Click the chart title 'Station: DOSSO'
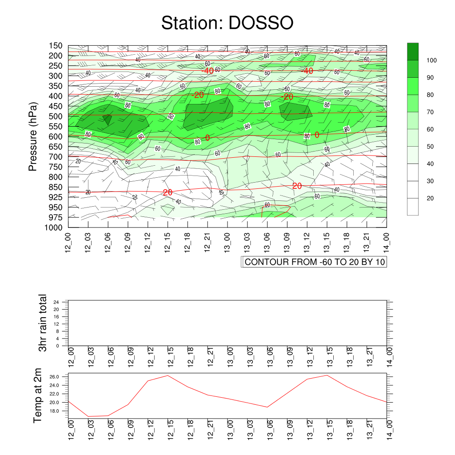(227, 23)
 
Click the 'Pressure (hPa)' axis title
(33, 136)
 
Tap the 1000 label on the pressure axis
(53, 227)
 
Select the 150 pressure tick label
(56, 46)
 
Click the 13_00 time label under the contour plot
(227, 242)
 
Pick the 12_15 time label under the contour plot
(168, 242)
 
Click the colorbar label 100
(431, 60)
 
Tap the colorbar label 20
(430, 198)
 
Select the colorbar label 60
(430, 129)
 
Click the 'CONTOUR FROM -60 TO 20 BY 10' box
(314, 262)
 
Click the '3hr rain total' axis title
(42, 323)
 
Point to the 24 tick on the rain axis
(56, 302)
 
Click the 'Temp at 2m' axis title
(37, 395)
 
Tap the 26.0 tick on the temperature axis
(54, 377)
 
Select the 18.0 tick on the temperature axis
(54, 411)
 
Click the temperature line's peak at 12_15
(168, 375)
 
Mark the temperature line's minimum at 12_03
(88, 416)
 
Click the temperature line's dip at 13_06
(267, 407)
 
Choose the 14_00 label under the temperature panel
(389, 429)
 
